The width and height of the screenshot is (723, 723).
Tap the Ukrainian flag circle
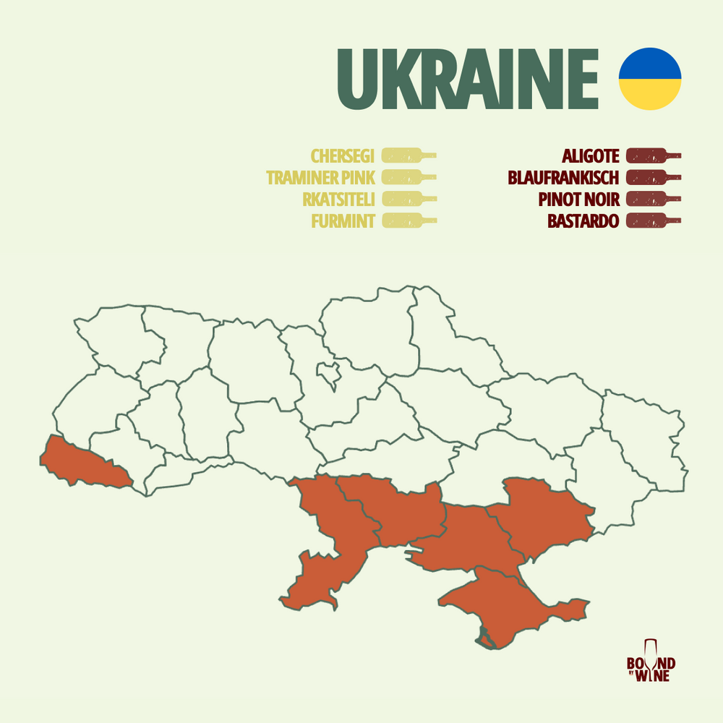(x=650, y=79)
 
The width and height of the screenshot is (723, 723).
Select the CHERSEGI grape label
(x=343, y=156)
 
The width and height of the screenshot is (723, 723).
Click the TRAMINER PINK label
(x=320, y=178)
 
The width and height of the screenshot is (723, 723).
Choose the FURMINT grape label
(x=343, y=221)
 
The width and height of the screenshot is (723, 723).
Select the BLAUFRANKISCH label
(x=564, y=178)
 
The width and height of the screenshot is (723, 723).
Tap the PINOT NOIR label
(x=579, y=200)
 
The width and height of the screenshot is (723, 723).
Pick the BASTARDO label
(x=583, y=221)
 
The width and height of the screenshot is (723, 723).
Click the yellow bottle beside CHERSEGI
(x=408, y=155)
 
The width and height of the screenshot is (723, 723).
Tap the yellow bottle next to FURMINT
(x=408, y=220)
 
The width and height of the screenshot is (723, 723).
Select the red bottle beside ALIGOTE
(x=653, y=155)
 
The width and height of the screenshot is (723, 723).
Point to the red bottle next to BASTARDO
(x=653, y=220)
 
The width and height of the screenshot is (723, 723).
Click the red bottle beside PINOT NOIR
(x=653, y=199)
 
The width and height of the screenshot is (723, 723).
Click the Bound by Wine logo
(x=651, y=661)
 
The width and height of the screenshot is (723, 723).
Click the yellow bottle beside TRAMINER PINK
(x=408, y=177)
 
